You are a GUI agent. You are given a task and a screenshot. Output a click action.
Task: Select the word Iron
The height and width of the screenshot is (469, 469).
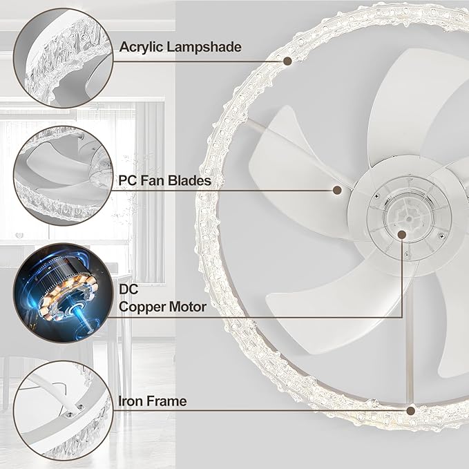pyautogui.click(x=132, y=401)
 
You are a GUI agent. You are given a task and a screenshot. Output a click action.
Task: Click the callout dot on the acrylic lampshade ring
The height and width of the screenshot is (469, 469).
pyautogui.click(x=287, y=61)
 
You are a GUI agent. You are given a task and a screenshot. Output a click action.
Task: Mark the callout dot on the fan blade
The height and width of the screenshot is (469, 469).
pyautogui.click(x=338, y=189)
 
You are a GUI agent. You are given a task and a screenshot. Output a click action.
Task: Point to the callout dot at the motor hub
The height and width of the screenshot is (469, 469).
pyautogui.click(x=403, y=234)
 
